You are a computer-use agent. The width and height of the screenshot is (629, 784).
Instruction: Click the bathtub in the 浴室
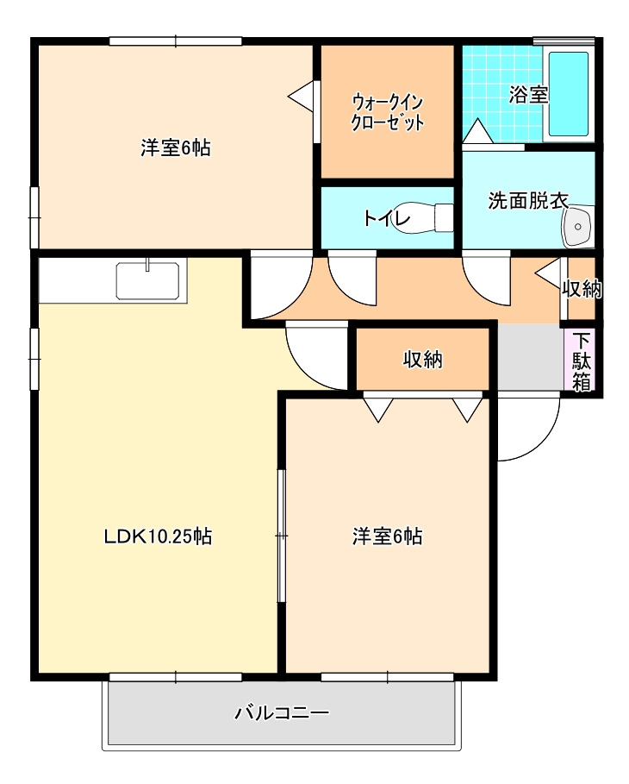click(569, 94)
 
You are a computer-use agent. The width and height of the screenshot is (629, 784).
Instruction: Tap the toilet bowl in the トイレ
click(424, 217)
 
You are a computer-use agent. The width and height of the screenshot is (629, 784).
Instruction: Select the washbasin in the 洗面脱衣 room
click(578, 227)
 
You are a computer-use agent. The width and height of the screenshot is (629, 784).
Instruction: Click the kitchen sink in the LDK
click(147, 281)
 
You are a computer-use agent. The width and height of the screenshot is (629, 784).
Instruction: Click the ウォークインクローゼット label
click(387, 112)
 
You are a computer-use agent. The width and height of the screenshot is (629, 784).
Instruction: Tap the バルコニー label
click(283, 712)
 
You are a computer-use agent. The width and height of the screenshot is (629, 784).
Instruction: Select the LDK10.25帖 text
click(158, 536)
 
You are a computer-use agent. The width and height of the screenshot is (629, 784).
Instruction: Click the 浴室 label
click(528, 95)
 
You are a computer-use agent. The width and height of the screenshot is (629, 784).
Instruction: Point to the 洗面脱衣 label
click(528, 200)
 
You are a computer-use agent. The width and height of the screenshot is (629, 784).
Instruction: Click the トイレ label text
click(387, 218)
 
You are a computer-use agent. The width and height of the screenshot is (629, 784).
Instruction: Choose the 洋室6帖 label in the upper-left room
click(176, 148)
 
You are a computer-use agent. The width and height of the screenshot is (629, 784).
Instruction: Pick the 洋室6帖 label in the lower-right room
click(387, 536)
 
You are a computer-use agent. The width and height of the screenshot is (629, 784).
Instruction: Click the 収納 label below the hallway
click(423, 360)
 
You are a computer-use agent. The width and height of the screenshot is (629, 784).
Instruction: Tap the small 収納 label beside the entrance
click(582, 289)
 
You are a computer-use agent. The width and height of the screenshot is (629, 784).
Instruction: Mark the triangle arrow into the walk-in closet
click(301, 96)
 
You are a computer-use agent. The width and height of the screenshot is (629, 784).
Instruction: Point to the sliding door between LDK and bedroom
click(282, 536)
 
